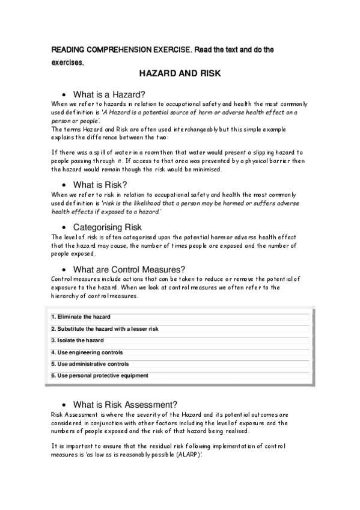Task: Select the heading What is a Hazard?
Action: coord(109,94)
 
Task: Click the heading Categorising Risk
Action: coord(107,227)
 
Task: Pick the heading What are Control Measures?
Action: coord(129,269)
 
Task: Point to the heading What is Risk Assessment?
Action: coord(125,404)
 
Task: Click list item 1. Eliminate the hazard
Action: coord(81,317)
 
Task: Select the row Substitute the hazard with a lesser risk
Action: coord(105,329)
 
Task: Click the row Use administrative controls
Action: coord(90,364)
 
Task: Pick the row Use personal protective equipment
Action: coord(99,376)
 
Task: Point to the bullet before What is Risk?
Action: coord(64,185)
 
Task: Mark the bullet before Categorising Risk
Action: coord(64,228)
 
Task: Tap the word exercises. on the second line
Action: coord(67,62)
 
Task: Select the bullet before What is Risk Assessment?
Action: coord(64,405)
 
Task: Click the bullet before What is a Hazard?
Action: coord(64,94)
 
